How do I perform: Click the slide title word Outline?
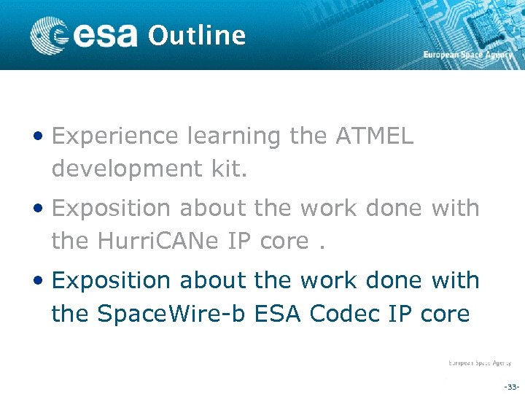[196, 35]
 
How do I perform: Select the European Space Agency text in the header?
[467, 55]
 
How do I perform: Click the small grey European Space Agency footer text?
[479, 363]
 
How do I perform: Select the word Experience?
[115, 136]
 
